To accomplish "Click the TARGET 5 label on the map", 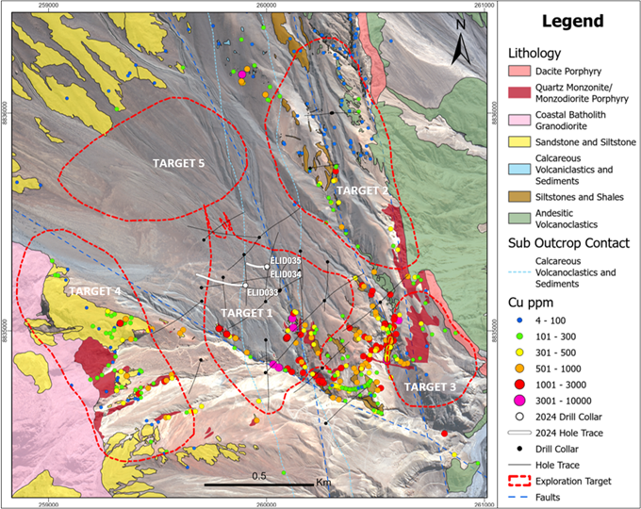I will (179, 163).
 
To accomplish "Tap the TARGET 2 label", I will (362, 189).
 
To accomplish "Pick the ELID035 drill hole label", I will (285, 261).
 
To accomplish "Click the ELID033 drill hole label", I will (264, 292).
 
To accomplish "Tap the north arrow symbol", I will (458, 40).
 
